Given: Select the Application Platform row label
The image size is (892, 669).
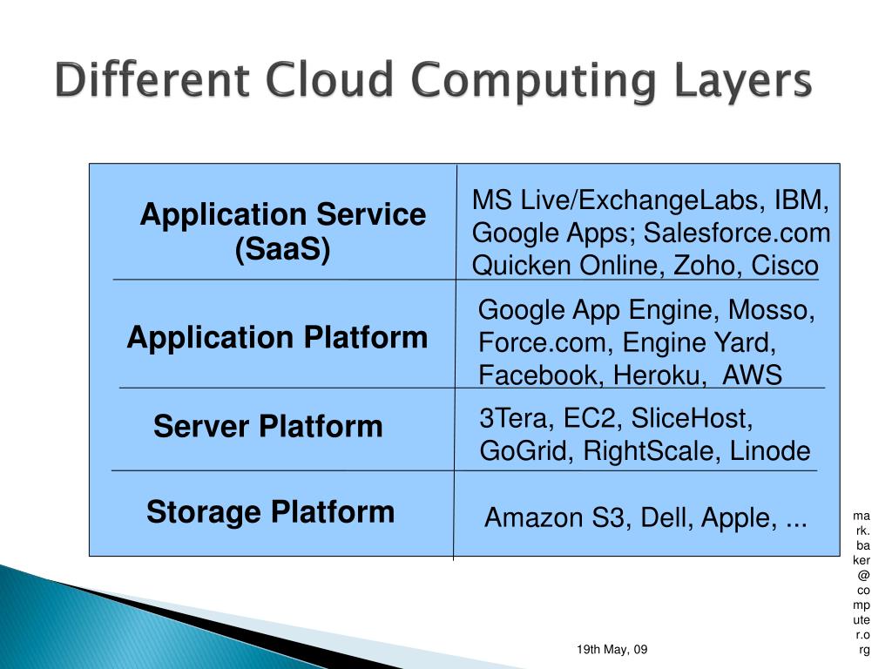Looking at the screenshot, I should (x=277, y=337).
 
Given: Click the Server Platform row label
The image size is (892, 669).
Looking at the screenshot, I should (x=268, y=427).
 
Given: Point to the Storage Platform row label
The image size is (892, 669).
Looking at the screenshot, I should (x=270, y=511).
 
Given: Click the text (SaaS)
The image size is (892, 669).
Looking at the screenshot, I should (x=282, y=251).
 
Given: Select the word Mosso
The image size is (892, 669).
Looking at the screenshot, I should (x=772, y=310).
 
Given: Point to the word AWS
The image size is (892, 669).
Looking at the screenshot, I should (x=753, y=375).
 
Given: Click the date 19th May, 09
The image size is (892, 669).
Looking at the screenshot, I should (x=612, y=650).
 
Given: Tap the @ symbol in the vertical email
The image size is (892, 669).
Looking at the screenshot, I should (x=862, y=576).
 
